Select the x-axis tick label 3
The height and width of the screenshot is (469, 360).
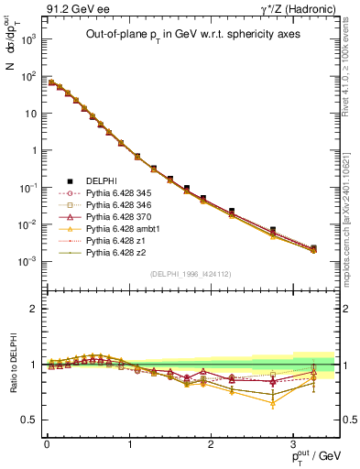click(x=294, y=442)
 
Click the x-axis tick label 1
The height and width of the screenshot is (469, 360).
click(x=128, y=442)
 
